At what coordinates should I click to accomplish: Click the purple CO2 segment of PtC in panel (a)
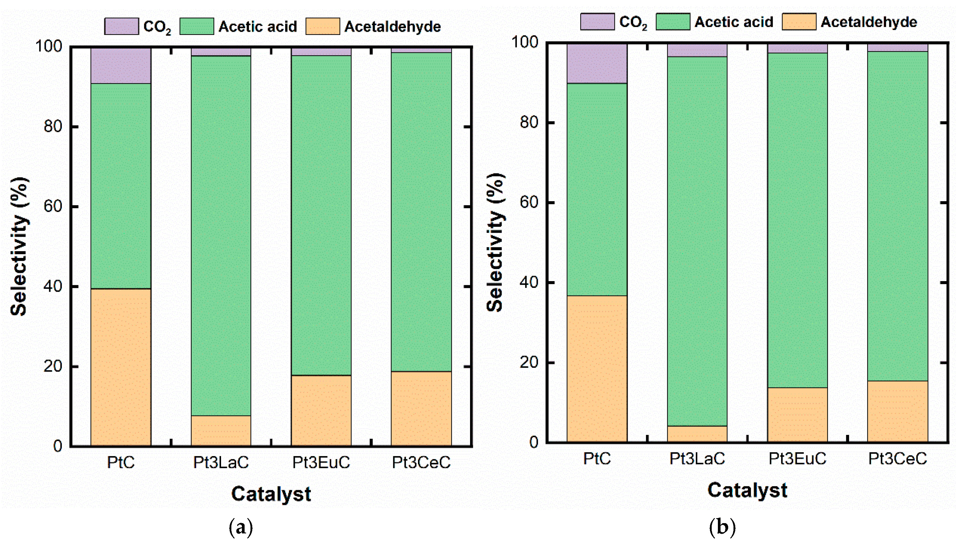pos(121,66)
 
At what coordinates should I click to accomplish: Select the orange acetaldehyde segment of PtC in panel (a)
pos(121,367)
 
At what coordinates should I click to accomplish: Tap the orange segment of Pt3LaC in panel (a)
pos(221,430)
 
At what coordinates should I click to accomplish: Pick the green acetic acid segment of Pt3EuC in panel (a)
pos(321,215)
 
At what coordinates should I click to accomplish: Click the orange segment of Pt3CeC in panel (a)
pos(421,408)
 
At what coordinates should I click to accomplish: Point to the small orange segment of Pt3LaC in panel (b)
pos(697,434)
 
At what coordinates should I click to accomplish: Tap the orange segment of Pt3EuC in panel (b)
pos(797,414)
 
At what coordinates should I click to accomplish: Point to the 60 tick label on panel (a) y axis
pos(53,206)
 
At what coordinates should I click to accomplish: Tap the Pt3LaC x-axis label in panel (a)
pos(221,462)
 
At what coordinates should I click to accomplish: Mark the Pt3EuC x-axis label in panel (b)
pos(797,458)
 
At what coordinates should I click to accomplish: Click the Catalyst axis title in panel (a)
pos(271,494)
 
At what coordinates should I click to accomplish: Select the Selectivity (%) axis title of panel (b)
pos(495,243)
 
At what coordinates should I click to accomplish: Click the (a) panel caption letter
pos(241,526)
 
